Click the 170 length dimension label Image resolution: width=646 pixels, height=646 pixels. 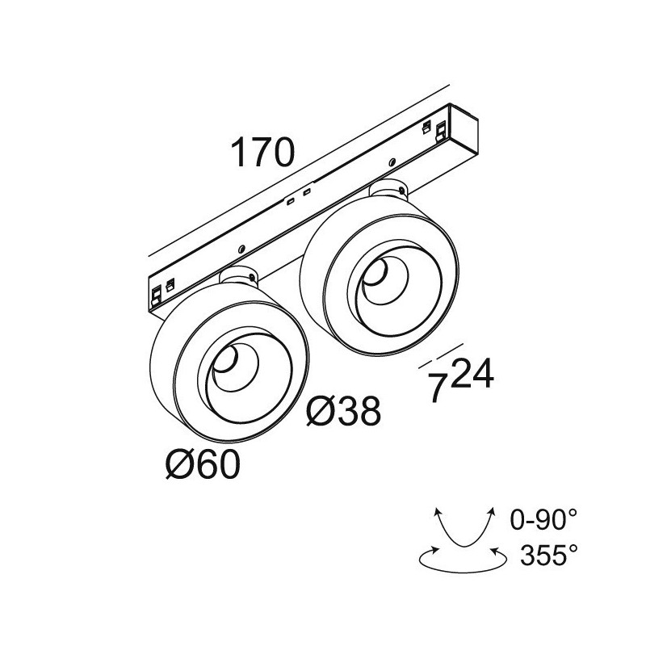click(263, 152)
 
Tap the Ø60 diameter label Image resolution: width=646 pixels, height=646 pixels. click(203, 464)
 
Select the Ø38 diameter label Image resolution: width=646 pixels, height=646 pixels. click(344, 411)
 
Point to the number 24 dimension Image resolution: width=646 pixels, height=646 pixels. click(472, 373)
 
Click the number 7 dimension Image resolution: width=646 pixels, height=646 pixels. click(438, 388)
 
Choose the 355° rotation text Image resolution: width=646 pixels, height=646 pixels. click(549, 555)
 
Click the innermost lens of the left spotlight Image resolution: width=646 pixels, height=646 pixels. click(225, 359)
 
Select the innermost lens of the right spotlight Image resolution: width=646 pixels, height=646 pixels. click(375, 272)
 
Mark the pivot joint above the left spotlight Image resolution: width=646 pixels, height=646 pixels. click(239, 276)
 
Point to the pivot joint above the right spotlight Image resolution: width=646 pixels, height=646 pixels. click(389, 189)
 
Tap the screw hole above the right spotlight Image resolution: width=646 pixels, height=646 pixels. click(393, 161)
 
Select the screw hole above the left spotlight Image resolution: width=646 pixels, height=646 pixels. click(241, 249)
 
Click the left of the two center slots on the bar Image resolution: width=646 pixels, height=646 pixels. click(291, 201)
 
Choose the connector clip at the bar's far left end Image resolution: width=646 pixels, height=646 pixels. click(156, 296)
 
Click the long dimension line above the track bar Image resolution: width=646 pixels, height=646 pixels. click(298, 170)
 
